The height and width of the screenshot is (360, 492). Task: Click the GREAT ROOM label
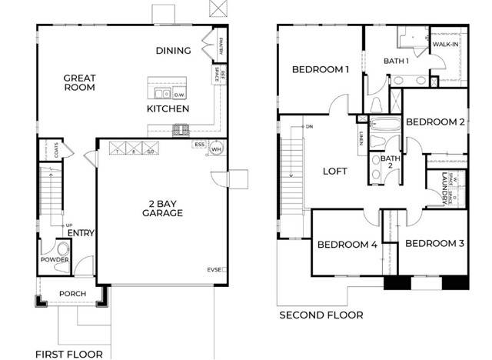[x=79, y=82]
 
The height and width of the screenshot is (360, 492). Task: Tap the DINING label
[x=173, y=51]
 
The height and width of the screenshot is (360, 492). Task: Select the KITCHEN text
[x=168, y=109]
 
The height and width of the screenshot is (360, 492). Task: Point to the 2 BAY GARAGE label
[x=161, y=208]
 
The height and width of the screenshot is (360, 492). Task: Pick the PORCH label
[x=72, y=294]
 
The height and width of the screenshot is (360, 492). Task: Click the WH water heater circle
[x=217, y=149]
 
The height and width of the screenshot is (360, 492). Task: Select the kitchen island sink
[x=162, y=94]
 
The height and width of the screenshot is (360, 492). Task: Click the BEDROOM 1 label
[x=321, y=70]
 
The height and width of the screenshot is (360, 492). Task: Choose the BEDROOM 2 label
[x=435, y=122]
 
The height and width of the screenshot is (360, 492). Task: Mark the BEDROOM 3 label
[x=434, y=244]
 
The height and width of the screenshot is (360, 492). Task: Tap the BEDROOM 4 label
[x=347, y=245]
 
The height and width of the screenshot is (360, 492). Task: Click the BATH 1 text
[x=397, y=61]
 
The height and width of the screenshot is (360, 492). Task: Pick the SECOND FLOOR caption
[x=321, y=315]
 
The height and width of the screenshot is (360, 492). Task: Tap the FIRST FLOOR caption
[x=69, y=354]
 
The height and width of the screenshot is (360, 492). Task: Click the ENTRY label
[x=81, y=233]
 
